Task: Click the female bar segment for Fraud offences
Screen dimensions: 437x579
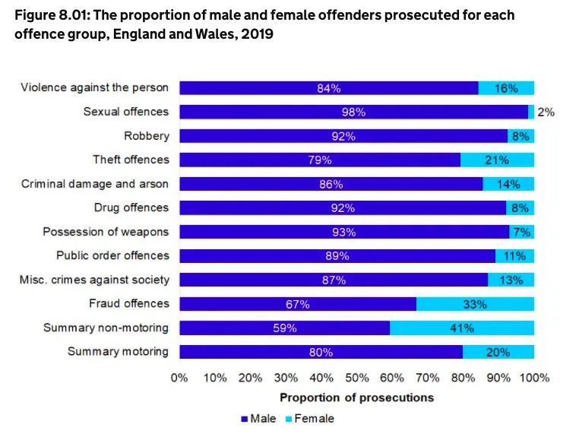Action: [x=475, y=304]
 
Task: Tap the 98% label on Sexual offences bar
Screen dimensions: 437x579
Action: [x=354, y=112]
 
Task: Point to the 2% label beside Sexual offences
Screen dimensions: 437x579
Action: [x=546, y=112]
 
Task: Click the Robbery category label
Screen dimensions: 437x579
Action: [x=147, y=136]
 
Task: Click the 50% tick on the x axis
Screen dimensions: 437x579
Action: [x=356, y=378]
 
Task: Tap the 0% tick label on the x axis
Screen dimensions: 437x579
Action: [x=179, y=378]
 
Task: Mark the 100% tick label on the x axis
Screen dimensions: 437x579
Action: [x=533, y=378]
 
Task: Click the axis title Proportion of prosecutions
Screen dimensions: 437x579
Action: [x=356, y=397]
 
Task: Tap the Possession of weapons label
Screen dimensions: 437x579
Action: [x=106, y=232]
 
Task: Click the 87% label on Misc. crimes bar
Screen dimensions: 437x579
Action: [x=334, y=280]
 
